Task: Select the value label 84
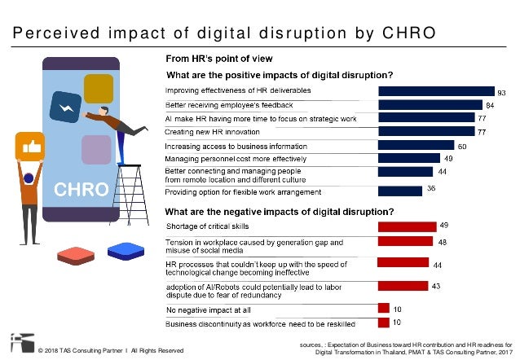pyautogui.click(x=491, y=105)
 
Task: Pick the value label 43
pyautogui.click(x=437, y=286)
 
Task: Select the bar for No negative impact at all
pyautogui.click(x=382, y=308)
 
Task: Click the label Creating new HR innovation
pyautogui.click(x=207, y=131)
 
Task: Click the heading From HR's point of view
pyautogui.click(x=214, y=59)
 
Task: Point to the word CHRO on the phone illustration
pyautogui.click(x=81, y=190)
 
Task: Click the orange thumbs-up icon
pyautogui.click(x=26, y=147)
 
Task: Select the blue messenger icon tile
pyautogui.click(x=64, y=108)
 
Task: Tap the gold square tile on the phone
pyautogui.click(x=98, y=87)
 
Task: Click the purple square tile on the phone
pyautogui.click(x=96, y=151)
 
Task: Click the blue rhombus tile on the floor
pyautogui.click(x=125, y=250)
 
